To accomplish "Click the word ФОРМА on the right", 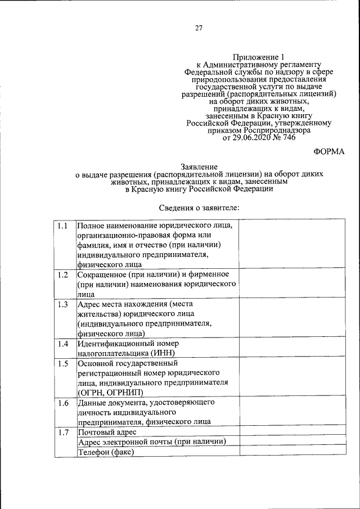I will click(x=329, y=151).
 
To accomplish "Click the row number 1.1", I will click(x=62, y=226).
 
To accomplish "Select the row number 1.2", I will click(x=62, y=274).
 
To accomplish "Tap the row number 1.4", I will click(x=62, y=344).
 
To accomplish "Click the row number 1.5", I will click(x=62, y=363).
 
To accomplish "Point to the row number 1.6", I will click(x=62, y=403).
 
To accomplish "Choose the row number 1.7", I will click(x=62, y=432).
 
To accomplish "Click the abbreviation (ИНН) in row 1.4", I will click(x=163, y=353).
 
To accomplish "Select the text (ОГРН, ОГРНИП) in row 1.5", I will click(x=110, y=393).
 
